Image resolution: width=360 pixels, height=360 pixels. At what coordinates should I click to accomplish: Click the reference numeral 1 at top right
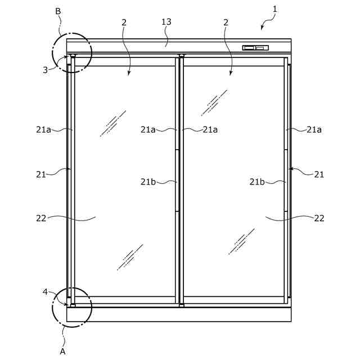pyautogui.click(x=274, y=8)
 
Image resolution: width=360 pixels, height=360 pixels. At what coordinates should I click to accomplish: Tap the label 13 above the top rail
pyautogui.click(x=166, y=22)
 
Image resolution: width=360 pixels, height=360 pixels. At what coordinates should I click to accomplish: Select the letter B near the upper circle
pyautogui.click(x=58, y=11)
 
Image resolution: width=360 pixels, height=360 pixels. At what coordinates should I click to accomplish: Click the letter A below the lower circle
pyautogui.click(x=62, y=352)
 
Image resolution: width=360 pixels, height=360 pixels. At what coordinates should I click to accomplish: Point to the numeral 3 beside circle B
pyautogui.click(x=45, y=70)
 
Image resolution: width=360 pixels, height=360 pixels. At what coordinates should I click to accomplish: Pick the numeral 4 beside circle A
pyautogui.click(x=45, y=291)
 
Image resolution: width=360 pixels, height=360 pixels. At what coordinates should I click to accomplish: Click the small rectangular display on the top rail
pyautogui.click(x=255, y=48)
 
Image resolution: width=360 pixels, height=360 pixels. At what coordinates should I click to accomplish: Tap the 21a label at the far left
pyautogui.click(x=43, y=129)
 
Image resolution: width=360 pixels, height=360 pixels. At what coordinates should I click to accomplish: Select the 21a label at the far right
pyautogui.click(x=314, y=129)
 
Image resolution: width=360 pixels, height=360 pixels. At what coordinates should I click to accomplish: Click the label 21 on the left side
pyautogui.click(x=40, y=174)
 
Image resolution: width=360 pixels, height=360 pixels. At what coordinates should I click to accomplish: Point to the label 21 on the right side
pyautogui.click(x=319, y=174)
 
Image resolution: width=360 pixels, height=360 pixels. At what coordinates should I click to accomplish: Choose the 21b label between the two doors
pyautogui.click(x=148, y=181)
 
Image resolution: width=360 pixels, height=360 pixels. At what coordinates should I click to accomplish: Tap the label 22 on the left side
pyautogui.click(x=40, y=218)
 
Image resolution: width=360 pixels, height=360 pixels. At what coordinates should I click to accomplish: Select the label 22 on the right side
pyautogui.click(x=319, y=218)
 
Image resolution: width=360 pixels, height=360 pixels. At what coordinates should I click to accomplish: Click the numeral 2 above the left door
pyautogui.click(x=124, y=22)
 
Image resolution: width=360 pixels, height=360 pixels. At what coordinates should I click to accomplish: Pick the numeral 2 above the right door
pyautogui.click(x=226, y=22)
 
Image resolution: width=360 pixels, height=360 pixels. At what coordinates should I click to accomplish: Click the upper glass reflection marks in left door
pyautogui.click(x=113, y=123)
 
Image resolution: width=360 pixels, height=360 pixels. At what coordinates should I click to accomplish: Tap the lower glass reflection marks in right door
pyautogui.click(x=241, y=241)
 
